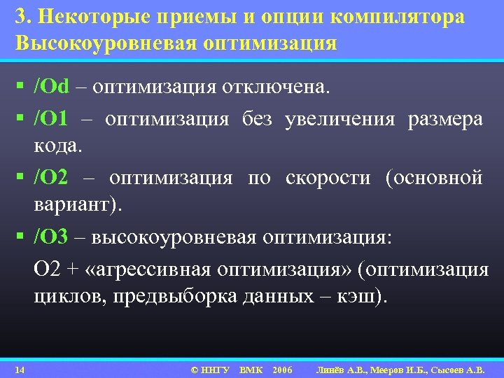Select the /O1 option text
(50, 119)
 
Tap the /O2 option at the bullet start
(50, 178)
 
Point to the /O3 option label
(50, 237)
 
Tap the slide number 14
(20, 369)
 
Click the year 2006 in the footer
(282, 369)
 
